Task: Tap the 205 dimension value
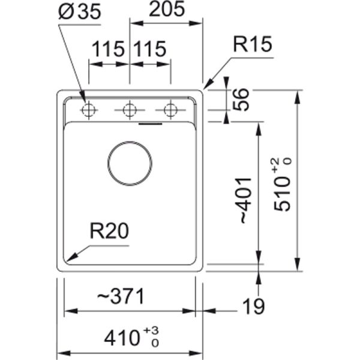[x=166, y=11]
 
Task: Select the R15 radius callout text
[x=253, y=45]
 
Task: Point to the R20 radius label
[x=109, y=230]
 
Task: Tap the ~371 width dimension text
[x=121, y=296]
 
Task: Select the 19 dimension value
[x=254, y=307]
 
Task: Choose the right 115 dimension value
[x=149, y=50]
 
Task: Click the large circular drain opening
[x=130, y=163]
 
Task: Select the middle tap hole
[x=130, y=110]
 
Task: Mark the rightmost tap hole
[x=171, y=110]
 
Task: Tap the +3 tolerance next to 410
[x=155, y=331]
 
